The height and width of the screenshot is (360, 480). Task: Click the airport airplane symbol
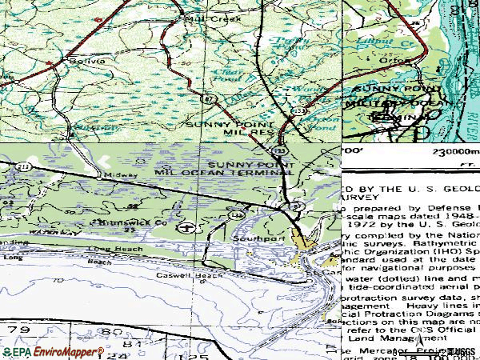point(186,227)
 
